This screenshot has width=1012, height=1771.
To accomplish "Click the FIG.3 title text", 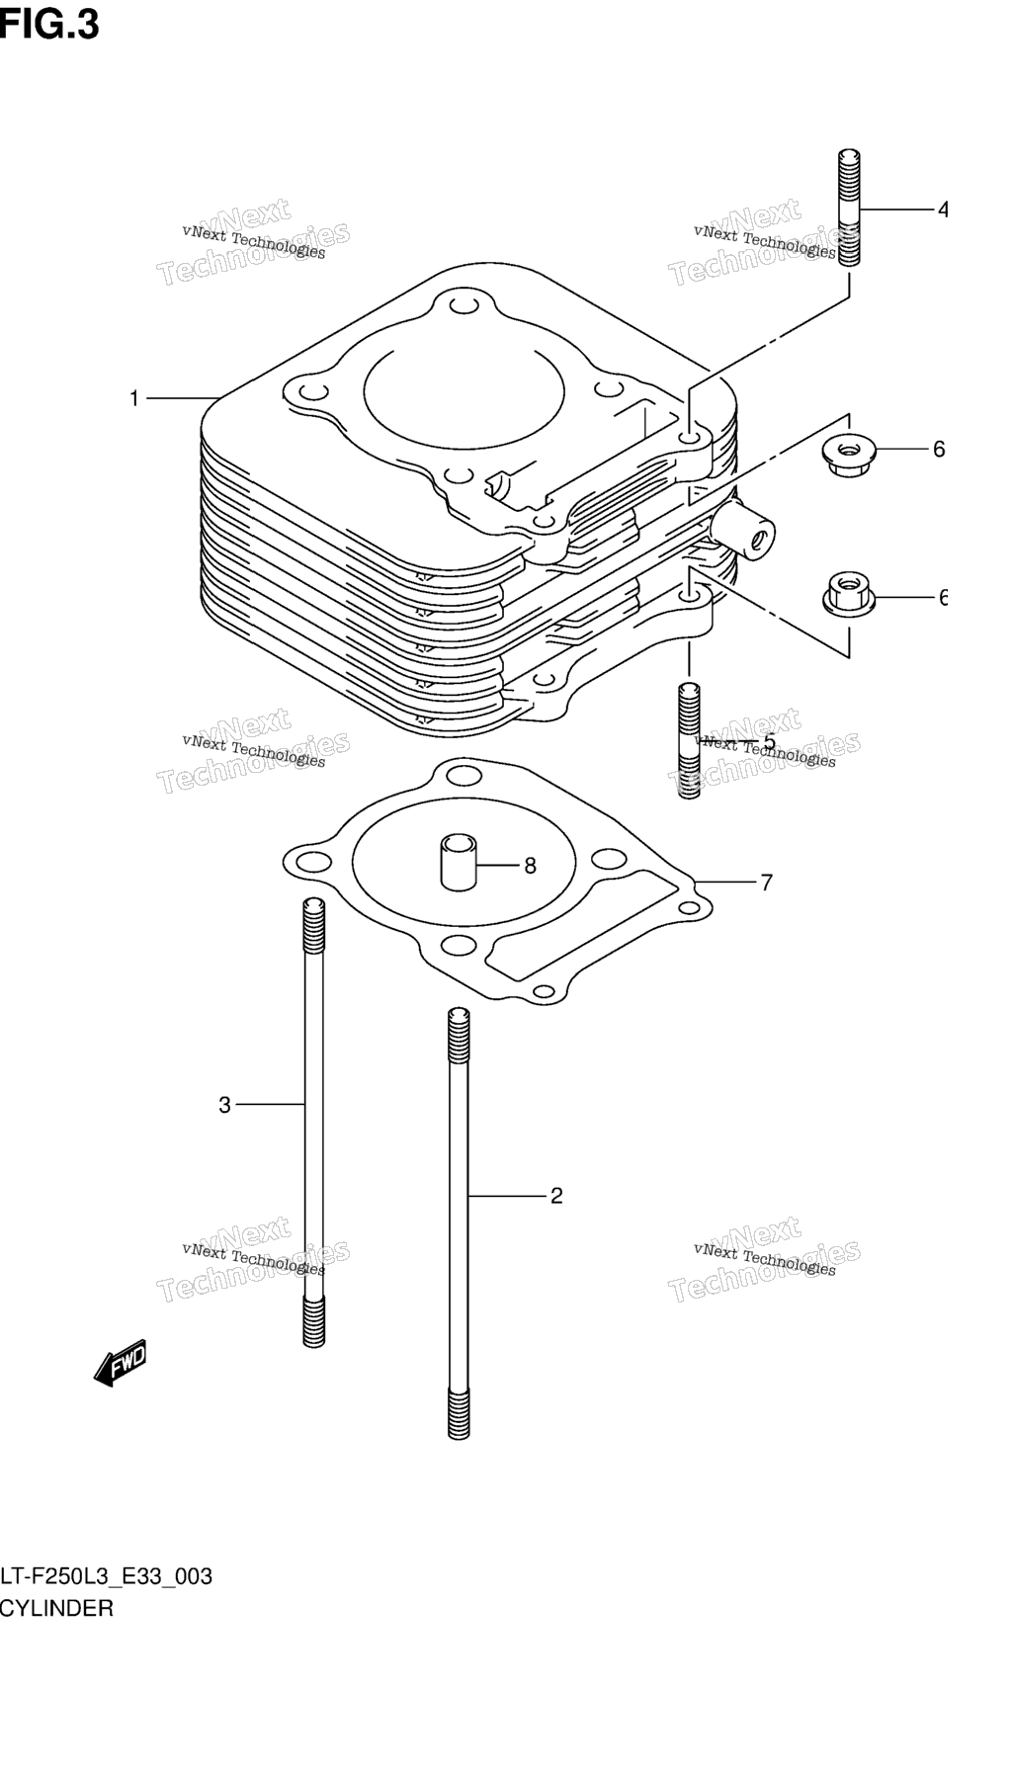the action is (x=49, y=24).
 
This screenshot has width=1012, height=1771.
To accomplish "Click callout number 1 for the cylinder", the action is (x=134, y=398).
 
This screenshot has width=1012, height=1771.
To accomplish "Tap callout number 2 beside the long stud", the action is (x=556, y=1196).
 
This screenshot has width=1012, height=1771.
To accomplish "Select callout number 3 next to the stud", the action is (x=224, y=1105).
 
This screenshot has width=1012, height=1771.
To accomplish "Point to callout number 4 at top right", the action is (x=942, y=210).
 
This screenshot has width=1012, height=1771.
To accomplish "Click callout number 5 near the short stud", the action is (x=769, y=743).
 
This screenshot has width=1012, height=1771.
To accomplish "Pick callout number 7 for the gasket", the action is (x=767, y=883).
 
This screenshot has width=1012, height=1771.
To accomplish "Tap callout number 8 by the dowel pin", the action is (x=530, y=866).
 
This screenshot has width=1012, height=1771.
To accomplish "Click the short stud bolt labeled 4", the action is (x=849, y=208).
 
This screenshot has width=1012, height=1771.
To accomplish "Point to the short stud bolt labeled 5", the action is (x=689, y=740).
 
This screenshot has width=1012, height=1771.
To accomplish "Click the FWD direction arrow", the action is (x=121, y=1362).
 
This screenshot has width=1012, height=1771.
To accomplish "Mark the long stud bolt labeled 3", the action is (x=313, y=1122).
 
